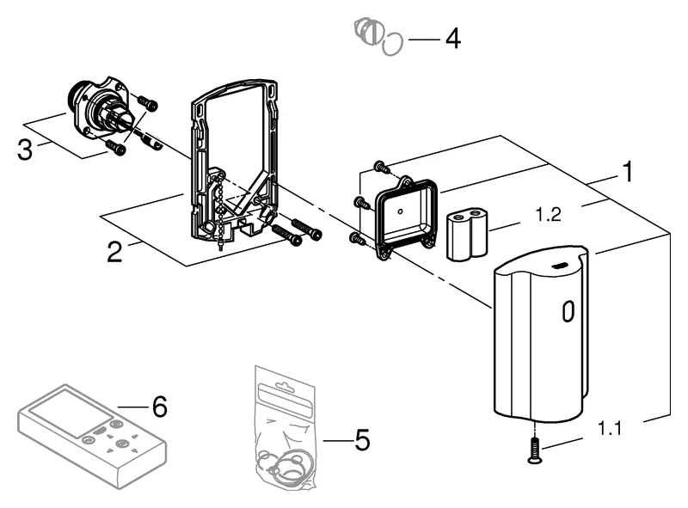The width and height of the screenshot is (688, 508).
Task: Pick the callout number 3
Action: coord(26,149)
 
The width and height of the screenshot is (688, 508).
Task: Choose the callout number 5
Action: coord(362,441)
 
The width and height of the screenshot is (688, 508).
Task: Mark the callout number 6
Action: coord(159,406)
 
